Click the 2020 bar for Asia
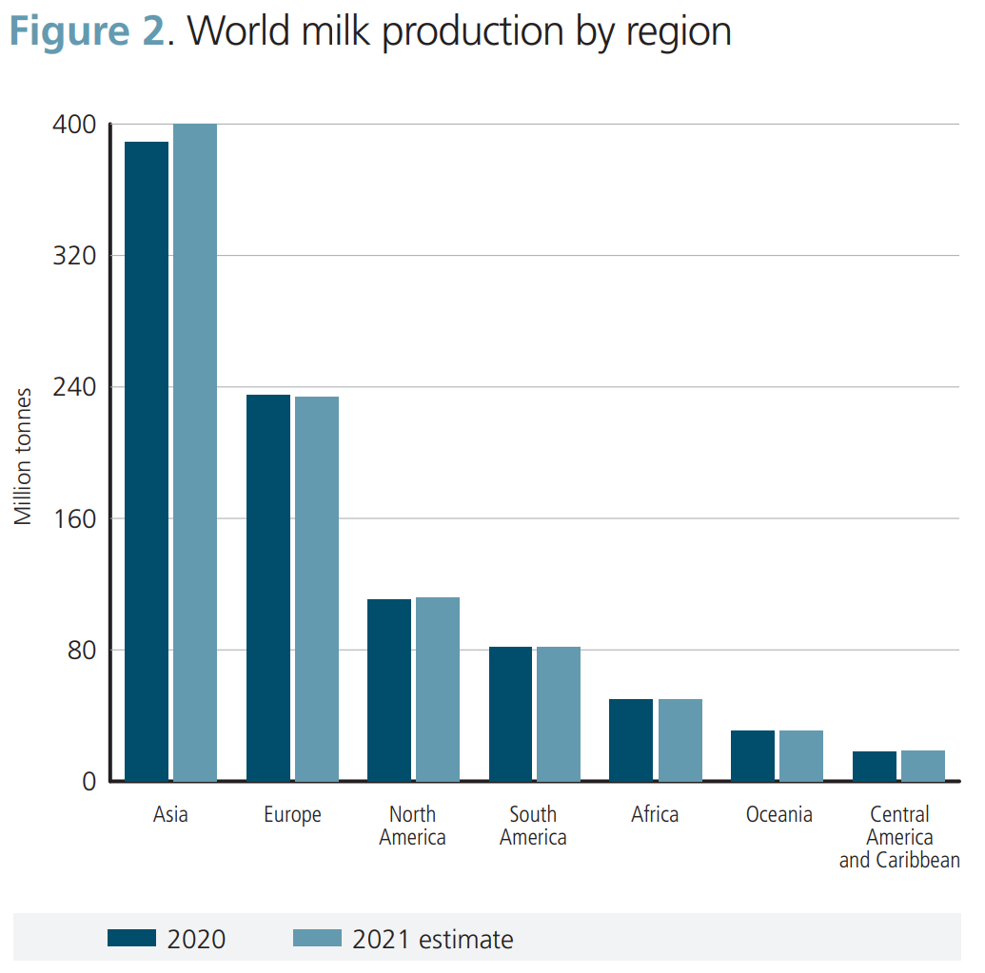pyautogui.click(x=147, y=461)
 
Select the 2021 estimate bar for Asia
pyautogui.click(x=195, y=453)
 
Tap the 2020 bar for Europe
pyautogui.click(x=267, y=588)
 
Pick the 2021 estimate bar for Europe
pyautogui.click(x=316, y=589)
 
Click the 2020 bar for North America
pyautogui.click(x=389, y=690)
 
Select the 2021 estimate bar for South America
pyautogui.click(x=559, y=713)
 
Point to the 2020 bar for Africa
pyautogui.click(x=631, y=740)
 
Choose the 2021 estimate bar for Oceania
pyautogui.click(x=800, y=755)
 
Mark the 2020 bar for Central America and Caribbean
pyautogui.click(x=874, y=766)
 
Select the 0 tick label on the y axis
pyautogui.click(x=90, y=782)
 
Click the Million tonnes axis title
pyautogui.click(x=24, y=457)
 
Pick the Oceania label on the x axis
pyautogui.click(x=779, y=815)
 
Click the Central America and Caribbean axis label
pyautogui.click(x=899, y=838)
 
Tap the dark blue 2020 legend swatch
pyautogui.click(x=131, y=939)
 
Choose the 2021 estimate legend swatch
pyautogui.click(x=316, y=939)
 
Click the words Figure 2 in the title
pyautogui.click(x=85, y=31)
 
